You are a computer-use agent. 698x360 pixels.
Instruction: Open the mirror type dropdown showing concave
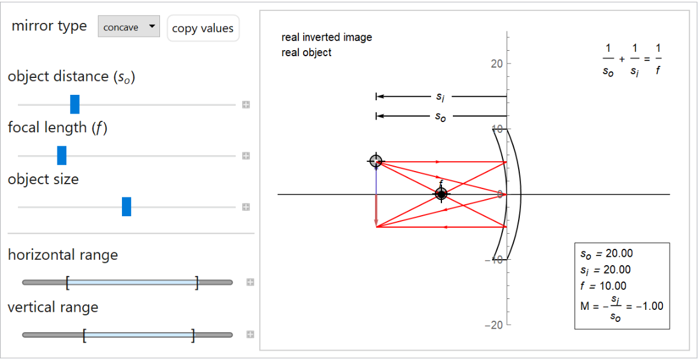click(x=129, y=27)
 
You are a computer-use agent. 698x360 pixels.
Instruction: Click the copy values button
click(x=203, y=28)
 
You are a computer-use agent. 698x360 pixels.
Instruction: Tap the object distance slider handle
click(x=75, y=104)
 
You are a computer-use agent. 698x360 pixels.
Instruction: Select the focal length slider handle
click(x=62, y=156)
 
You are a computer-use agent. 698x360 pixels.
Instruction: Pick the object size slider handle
click(x=126, y=207)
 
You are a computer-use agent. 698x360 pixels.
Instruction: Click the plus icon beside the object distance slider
click(x=246, y=104)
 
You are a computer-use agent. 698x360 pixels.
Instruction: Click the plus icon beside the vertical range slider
click(x=249, y=335)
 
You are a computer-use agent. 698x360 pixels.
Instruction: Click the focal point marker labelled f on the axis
click(x=441, y=194)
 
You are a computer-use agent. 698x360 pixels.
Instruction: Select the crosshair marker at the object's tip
click(x=376, y=161)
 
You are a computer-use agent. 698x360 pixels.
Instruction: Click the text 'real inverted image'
click(x=327, y=37)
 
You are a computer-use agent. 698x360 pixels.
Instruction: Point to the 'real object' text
click(x=306, y=53)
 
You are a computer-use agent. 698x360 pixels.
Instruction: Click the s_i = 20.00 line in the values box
click(x=605, y=269)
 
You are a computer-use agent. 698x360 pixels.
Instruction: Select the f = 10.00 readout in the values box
click(x=603, y=286)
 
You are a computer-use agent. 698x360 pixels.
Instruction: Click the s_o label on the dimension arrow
click(x=441, y=117)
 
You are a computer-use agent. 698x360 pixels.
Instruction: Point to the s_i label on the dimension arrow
click(x=441, y=97)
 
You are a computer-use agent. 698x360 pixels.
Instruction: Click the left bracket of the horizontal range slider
click(x=68, y=282)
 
